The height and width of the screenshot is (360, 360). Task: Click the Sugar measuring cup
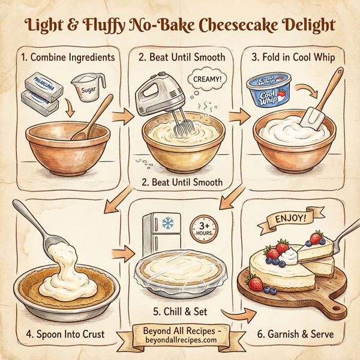coord(85,90)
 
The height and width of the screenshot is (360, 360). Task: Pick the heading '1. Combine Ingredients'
coord(67,58)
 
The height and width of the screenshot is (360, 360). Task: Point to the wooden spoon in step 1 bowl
coord(93,117)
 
